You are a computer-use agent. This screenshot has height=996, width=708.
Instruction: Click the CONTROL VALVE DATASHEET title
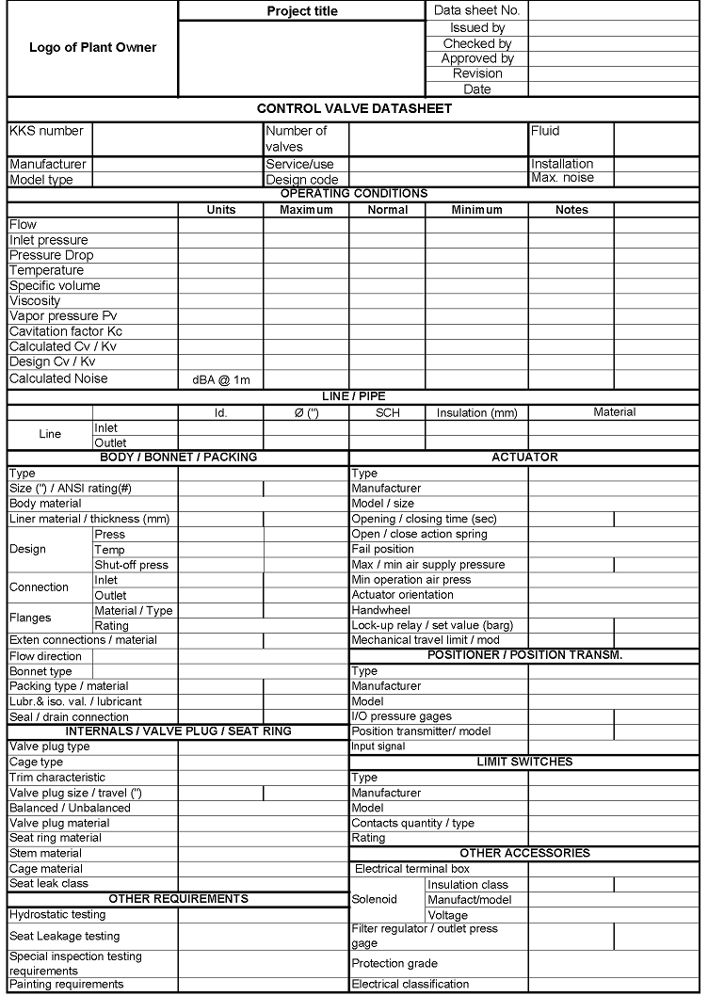click(354, 108)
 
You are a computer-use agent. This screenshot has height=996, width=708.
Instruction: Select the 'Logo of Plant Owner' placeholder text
click(92, 47)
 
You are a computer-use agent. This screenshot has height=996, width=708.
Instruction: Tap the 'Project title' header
click(301, 11)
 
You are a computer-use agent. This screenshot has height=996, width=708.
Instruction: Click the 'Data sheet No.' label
click(476, 10)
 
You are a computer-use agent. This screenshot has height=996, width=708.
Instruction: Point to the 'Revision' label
click(477, 73)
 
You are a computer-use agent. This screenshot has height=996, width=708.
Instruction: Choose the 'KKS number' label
click(46, 131)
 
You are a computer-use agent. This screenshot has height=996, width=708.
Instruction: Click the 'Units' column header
click(221, 210)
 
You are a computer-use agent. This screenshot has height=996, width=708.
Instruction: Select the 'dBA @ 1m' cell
click(221, 379)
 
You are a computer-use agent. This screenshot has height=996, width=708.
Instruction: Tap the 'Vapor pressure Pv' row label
click(63, 316)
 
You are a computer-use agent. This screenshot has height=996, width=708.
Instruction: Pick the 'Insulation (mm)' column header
click(477, 412)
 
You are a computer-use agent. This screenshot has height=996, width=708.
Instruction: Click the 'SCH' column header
click(388, 412)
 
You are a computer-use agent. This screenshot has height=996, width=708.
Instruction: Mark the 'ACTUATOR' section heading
click(524, 458)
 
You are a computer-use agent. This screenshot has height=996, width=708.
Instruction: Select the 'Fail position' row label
click(382, 549)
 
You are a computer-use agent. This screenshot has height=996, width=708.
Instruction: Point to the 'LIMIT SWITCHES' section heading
click(524, 762)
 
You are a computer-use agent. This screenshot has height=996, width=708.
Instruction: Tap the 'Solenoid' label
click(375, 899)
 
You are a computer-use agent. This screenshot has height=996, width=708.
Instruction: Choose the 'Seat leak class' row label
click(49, 883)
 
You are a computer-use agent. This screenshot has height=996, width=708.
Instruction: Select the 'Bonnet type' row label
click(40, 671)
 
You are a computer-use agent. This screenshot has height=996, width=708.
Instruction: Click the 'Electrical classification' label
click(410, 984)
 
